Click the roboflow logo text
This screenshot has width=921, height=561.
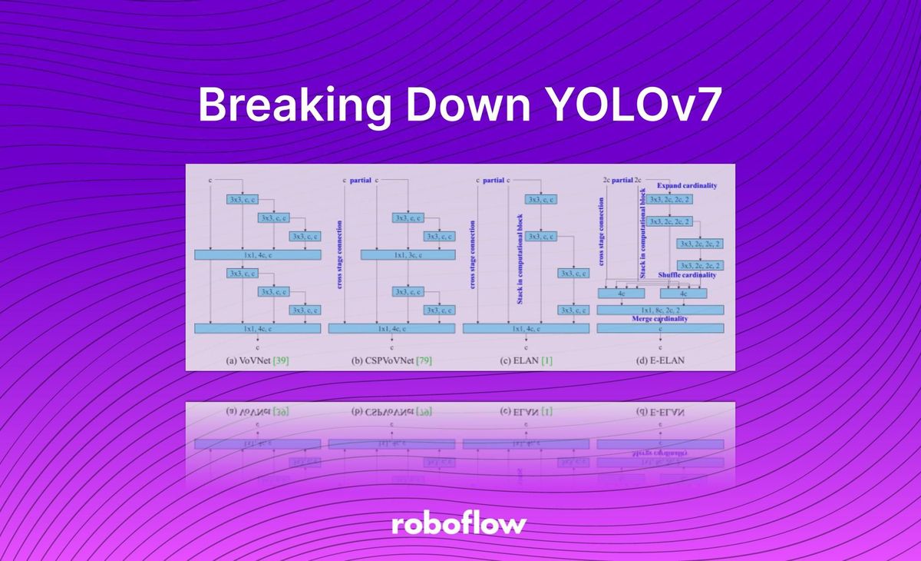point(459,524)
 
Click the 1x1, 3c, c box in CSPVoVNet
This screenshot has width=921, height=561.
point(408,254)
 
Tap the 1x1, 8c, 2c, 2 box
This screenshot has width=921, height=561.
point(660,309)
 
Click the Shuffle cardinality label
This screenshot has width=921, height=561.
point(687,275)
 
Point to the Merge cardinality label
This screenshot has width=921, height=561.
point(660,318)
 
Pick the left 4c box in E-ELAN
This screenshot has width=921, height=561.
point(622,293)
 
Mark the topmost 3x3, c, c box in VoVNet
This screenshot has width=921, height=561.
point(243,199)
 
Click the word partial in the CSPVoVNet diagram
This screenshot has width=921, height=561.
point(361,181)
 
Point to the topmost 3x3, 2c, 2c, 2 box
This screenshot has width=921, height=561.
point(669,199)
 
